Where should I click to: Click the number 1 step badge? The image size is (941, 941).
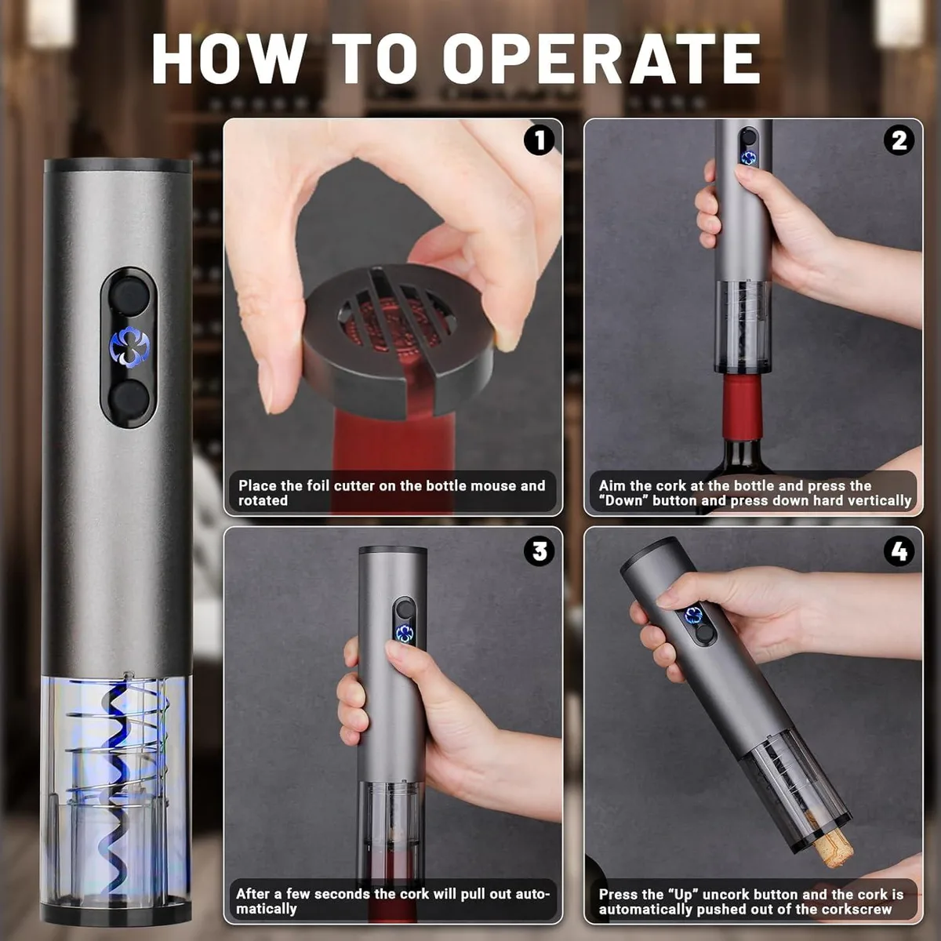click(539, 140)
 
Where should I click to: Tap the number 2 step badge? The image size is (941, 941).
click(899, 140)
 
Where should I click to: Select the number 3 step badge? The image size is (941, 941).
click(539, 551)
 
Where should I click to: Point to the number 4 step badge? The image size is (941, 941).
click(899, 551)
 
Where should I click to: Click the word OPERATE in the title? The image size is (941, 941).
click(602, 59)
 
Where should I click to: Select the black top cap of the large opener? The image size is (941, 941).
click(117, 166)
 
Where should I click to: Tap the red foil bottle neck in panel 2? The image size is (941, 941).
click(742, 407)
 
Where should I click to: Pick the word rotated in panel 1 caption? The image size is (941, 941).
click(263, 500)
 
